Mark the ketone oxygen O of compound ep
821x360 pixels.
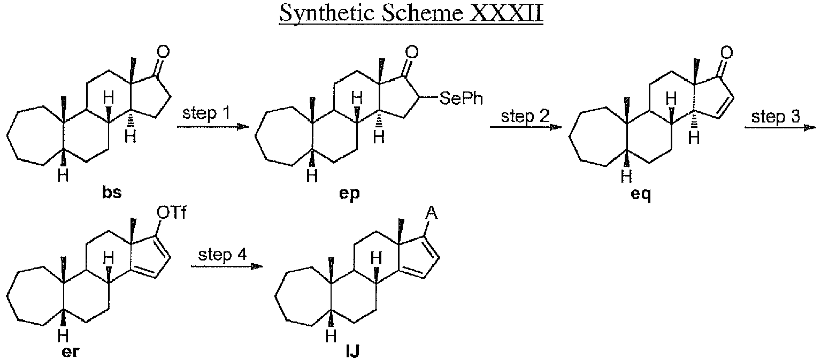point(411,52)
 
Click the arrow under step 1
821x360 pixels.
point(212,127)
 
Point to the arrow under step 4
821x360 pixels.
point(227,266)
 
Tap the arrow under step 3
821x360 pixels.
point(780,127)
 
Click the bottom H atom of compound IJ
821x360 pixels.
point(332,336)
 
